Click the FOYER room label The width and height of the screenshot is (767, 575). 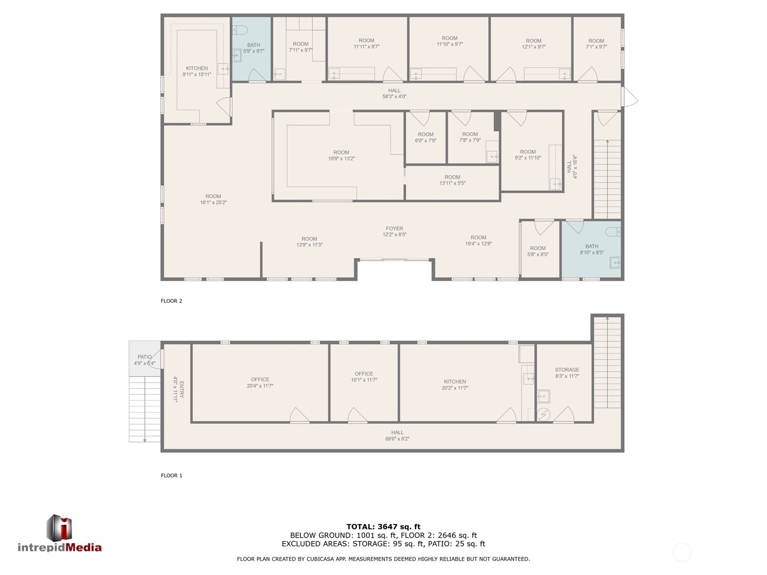click(x=394, y=229)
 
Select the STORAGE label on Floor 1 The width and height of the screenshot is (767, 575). click(x=567, y=370)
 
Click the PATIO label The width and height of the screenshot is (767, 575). click(x=144, y=357)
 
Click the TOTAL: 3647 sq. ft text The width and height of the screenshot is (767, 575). click(x=383, y=527)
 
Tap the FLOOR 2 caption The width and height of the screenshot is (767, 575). click(x=171, y=301)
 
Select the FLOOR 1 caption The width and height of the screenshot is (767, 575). click(x=171, y=476)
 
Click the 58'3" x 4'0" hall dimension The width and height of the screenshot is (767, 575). click(x=394, y=96)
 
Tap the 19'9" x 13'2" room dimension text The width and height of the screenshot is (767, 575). click(x=342, y=159)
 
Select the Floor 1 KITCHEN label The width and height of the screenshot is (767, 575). click(x=455, y=382)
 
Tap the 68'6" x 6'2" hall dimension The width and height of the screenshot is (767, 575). click(x=397, y=439)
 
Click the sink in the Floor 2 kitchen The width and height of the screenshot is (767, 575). click(x=223, y=70)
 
